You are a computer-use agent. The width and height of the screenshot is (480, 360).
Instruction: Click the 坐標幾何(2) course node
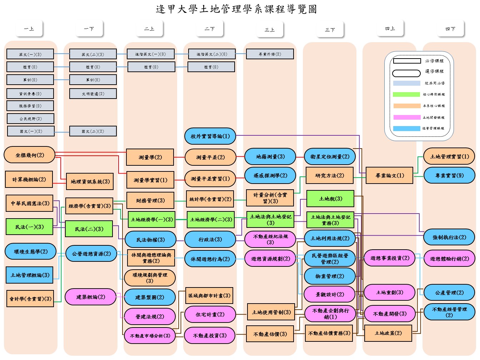click(x=30, y=155)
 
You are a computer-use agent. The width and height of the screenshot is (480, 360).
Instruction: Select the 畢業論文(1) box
click(x=389, y=176)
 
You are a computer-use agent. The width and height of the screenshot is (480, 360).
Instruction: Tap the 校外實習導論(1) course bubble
click(x=210, y=136)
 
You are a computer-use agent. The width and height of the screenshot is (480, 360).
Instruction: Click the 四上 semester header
click(x=390, y=29)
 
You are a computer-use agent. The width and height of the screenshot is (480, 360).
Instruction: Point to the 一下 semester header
click(x=89, y=29)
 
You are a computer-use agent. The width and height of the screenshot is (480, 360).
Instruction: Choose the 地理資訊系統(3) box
click(x=90, y=182)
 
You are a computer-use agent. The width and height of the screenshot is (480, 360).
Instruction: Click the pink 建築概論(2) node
click(x=90, y=297)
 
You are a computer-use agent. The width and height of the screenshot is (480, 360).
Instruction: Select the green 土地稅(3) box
click(x=330, y=199)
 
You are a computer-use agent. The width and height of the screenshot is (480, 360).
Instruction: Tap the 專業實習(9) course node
click(x=449, y=176)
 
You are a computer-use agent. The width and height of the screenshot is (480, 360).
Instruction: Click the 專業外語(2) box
click(x=270, y=54)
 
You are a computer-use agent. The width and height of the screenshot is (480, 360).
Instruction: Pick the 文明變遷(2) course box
click(x=93, y=94)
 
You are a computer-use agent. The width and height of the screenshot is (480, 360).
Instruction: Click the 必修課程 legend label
click(x=434, y=61)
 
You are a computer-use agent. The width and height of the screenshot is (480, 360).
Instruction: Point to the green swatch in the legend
click(x=406, y=95)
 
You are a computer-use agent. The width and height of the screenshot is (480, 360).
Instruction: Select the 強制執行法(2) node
click(x=449, y=237)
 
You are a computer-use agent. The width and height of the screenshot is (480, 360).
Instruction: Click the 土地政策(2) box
click(x=388, y=333)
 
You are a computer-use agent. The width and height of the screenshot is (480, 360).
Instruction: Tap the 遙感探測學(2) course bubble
click(x=270, y=176)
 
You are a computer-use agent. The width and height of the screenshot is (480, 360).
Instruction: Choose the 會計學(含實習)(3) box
click(x=30, y=299)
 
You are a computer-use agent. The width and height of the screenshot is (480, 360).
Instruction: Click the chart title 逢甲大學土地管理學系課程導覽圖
click(x=236, y=9)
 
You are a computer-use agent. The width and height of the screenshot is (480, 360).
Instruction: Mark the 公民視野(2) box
click(x=31, y=119)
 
